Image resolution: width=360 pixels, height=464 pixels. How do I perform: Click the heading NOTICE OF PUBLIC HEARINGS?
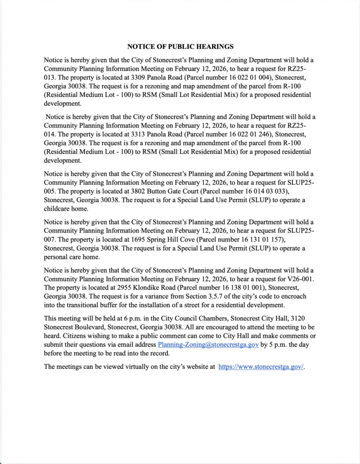pos(180,47)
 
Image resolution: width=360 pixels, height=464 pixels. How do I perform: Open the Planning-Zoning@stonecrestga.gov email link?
pos(208,344)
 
